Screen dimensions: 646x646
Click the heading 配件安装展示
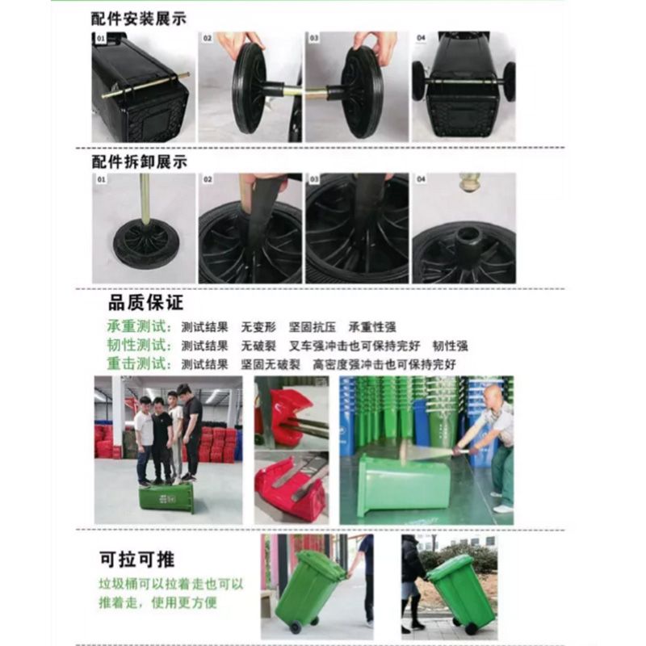139,18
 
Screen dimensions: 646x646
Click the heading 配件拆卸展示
139,161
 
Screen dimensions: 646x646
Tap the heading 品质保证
146,304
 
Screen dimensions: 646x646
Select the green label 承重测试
139,327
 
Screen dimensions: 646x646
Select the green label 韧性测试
139,346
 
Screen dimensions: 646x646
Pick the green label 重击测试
139,364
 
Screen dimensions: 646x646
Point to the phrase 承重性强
372,327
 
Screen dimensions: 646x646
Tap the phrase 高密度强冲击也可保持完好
384,364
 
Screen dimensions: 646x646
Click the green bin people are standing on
166,497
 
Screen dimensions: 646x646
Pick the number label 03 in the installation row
313,38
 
